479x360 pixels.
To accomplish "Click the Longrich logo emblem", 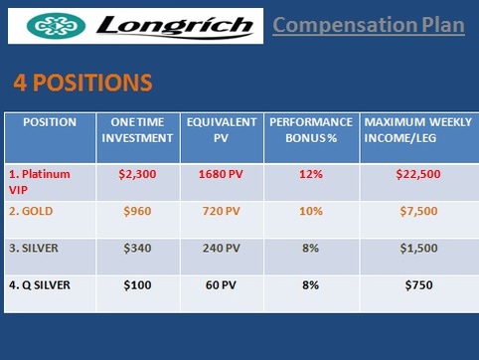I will [50, 25].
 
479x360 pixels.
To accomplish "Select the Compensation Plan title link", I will [369, 24].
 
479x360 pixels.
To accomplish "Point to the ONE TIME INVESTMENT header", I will [138, 129].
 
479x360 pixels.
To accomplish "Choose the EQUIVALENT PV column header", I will [222, 129].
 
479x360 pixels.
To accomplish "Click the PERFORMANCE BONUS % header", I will [310, 129].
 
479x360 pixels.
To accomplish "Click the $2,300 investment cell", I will [138, 174].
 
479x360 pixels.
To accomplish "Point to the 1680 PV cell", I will [222, 174].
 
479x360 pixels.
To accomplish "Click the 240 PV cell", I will [222, 248].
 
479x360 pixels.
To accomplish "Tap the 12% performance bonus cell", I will [310, 174].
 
